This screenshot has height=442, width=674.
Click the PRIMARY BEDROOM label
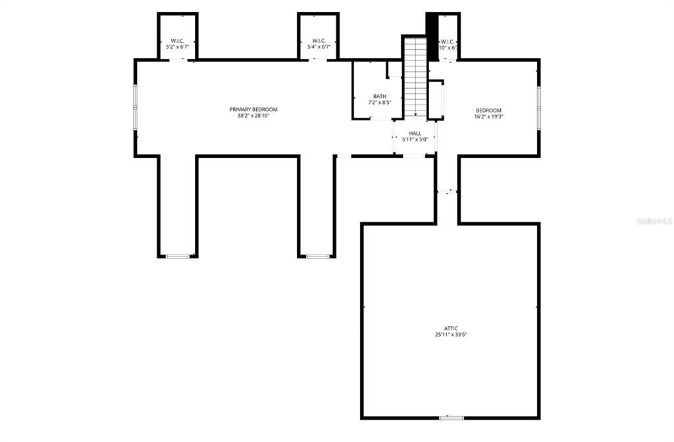[x=253, y=109]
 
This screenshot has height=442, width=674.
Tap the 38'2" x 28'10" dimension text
[x=253, y=116]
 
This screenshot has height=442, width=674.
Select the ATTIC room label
[x=450, y=328]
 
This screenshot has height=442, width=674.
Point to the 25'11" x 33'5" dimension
[x=450, y=335]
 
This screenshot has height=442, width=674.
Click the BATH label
[x=380, y=96]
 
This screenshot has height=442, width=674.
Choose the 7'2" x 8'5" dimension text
[x=380, y=103]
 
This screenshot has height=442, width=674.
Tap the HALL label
[x=415, y=133]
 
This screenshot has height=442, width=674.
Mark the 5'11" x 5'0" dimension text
[x=415, y=139]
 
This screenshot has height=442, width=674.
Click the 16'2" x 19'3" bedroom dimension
[x=489, y=116]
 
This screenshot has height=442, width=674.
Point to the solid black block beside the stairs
[x=432, y=36]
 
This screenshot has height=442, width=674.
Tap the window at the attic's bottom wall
[x=451, y=418]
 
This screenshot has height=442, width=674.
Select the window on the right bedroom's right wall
[x=538, y=107]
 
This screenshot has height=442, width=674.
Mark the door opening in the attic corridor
[x=448, y=192]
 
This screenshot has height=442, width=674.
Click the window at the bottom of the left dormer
[x=177, y=256]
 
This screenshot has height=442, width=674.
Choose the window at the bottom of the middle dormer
[x=318, y=256]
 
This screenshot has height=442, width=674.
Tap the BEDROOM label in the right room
[x=489, y=110]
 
